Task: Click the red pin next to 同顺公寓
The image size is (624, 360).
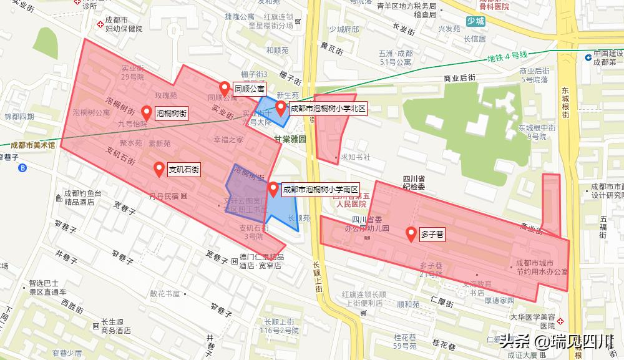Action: pyautogui.click(x=224, y=88)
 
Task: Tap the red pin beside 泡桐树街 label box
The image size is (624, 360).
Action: pyautogui.click(x=147, y=112)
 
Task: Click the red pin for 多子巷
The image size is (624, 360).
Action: pyautogui.click(x=411, y=234)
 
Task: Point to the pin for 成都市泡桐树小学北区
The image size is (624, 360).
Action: pyautogui.click(x=281, y=108)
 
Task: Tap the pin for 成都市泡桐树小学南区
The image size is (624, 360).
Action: pyautogui.click(x=273, y=188)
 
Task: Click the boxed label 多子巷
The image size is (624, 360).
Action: pyautogui.click(x=432, y=235)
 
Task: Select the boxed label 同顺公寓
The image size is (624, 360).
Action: pyautogui.click(x=249, y=89)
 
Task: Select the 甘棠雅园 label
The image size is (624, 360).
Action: pyautogui.click(x=290, y=140)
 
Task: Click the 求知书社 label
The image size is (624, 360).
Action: pyautogui.click(x=354, y=157)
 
